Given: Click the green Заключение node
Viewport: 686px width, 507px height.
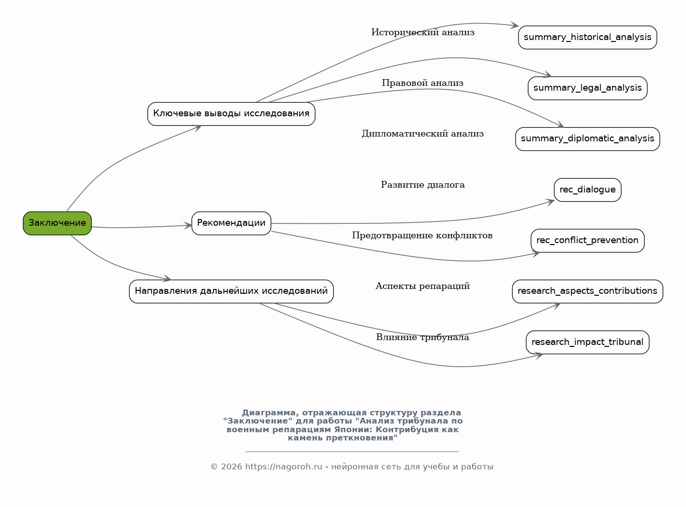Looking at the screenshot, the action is click(57, 223).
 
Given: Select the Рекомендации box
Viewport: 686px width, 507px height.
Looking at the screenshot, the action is click(231, 223).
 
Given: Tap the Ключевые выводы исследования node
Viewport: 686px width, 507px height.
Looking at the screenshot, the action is click(231, 114).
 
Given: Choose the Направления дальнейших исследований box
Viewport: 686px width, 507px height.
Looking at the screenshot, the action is click(231, 291).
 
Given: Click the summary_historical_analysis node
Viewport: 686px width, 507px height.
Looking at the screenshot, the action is click(588, 38).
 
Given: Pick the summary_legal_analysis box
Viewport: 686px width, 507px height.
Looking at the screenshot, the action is click(588, 88).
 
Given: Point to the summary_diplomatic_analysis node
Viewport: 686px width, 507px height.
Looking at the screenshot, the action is click(588, 139).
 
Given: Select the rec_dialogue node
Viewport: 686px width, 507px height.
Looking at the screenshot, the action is click(588, 190).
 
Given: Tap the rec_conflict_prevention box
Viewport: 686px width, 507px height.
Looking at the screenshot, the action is click(588, 241).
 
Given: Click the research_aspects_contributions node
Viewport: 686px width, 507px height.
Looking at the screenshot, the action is click(588, 291).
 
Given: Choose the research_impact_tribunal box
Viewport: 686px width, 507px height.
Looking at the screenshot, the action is click(588, 342).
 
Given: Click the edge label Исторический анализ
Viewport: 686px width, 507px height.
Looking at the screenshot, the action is click(423, 32).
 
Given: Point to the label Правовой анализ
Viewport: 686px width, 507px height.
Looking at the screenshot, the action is click(423, 83).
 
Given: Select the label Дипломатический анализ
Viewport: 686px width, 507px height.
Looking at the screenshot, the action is click(423, 134).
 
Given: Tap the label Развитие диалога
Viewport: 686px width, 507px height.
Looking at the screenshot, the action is click(423, 185).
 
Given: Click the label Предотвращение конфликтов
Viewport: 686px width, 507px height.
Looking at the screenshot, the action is click(422, 235).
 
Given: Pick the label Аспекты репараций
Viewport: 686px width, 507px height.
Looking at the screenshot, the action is click(423, 286).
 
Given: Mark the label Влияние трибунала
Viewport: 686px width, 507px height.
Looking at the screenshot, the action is click(423, 337).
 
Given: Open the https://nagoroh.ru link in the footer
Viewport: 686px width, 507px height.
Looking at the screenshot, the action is click(283, 467).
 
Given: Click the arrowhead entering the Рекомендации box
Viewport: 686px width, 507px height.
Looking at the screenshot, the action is click(188, 225).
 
